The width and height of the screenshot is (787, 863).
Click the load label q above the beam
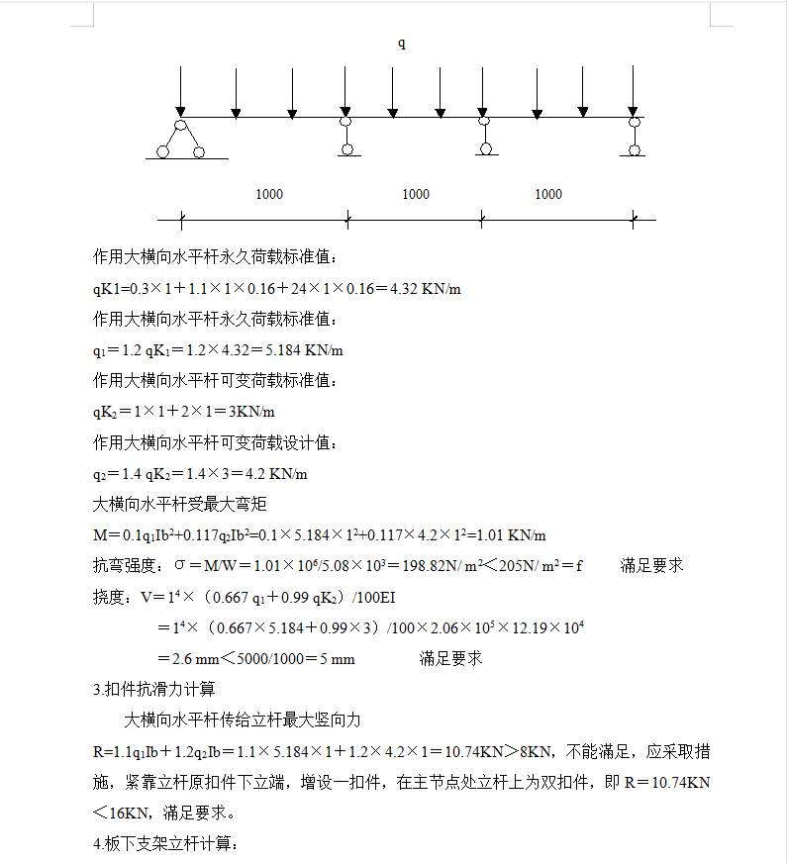pos(402,44)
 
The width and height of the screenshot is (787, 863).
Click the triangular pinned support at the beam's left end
pos(180,140)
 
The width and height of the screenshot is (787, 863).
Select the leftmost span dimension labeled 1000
pos(269,194)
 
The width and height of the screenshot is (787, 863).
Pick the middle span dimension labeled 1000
pos(416,194)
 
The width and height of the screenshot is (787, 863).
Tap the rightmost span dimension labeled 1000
pos(548,194)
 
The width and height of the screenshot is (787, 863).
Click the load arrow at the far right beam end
pos(634,91)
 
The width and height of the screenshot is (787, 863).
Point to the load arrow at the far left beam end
pos(180,91)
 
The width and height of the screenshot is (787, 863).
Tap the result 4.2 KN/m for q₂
pos(276,474)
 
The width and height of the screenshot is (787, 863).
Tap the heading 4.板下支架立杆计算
pos(165,843)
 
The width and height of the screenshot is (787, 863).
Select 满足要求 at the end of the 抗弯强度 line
pos(651,566)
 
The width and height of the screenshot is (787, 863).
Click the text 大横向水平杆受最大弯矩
pos(179,505)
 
